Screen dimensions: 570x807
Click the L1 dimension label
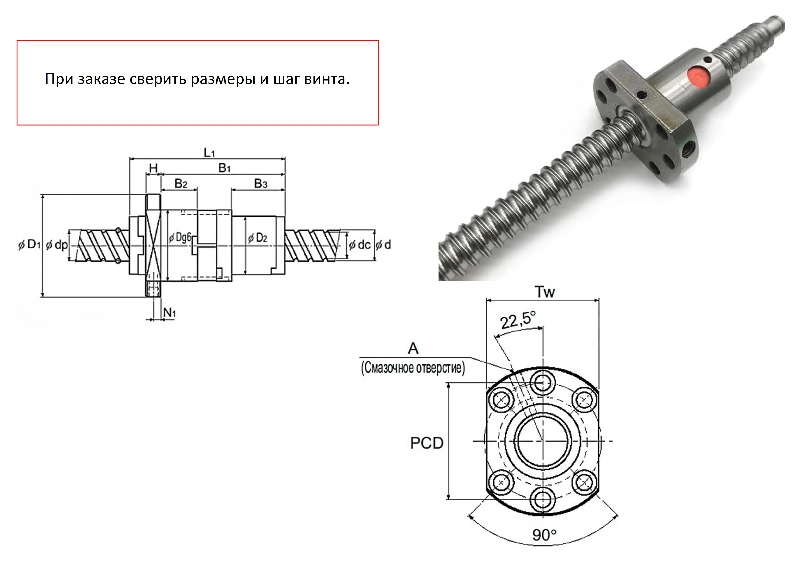[x=209, y=153]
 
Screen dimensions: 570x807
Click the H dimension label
[x=153, y=168]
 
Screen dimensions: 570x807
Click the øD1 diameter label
[x=30, y=244]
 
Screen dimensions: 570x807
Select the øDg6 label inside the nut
[x=180, y=238]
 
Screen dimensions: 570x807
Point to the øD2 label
[x=258, y=238]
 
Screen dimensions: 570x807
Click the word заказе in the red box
[x=101, y=79]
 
